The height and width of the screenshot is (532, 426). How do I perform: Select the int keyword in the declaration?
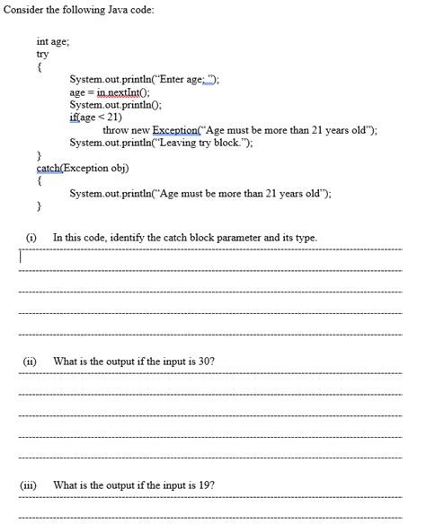[41, 41]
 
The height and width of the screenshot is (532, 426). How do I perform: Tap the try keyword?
[42, 54]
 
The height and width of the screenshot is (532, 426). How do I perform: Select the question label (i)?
[31, 237]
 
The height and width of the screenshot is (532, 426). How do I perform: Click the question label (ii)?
[31, 361]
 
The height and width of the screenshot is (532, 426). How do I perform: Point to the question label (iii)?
[31, 484]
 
